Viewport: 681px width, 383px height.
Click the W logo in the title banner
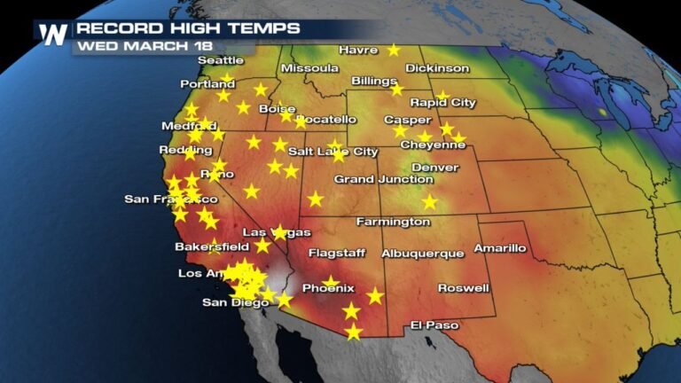52,34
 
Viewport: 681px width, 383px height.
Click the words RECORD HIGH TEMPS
189,28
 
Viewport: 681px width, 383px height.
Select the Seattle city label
220,60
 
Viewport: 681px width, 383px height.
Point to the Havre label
358,51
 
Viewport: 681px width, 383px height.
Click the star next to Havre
393,51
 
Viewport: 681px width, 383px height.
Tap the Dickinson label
437,68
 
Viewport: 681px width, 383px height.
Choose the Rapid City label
442,103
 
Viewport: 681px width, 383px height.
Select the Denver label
434,168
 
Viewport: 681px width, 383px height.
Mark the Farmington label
393,221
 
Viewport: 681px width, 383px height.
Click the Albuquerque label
422,254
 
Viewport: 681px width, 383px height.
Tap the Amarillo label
500,248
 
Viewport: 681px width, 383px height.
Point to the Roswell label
463,288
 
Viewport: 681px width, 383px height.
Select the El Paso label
434,325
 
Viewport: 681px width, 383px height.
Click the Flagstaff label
337,254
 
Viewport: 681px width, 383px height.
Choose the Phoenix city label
328,289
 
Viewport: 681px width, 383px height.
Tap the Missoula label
309,68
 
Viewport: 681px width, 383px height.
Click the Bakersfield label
212,246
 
